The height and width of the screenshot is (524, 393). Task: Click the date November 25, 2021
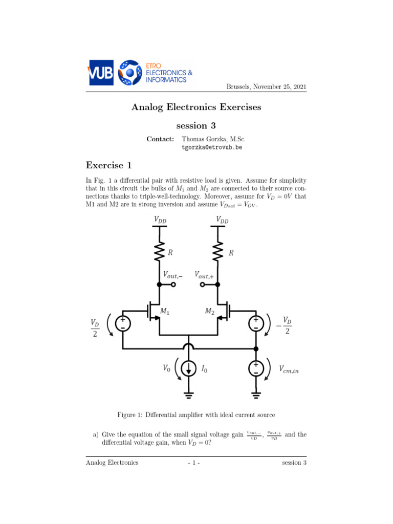(266, 87)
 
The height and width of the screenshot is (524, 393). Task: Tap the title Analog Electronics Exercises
(196, 107)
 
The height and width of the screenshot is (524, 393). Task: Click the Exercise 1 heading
(109, 165)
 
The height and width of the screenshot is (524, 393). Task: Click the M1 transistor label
(165, 311)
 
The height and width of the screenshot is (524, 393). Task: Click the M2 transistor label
(210, 311)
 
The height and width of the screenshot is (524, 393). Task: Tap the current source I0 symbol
(189, 368)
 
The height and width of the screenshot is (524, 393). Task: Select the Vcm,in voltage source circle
(256, 368)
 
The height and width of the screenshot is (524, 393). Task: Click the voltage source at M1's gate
(122, 323)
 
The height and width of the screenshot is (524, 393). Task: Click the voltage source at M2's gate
(256, 323)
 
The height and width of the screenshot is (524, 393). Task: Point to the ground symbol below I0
(189, 394)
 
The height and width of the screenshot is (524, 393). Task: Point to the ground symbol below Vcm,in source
(256, 394)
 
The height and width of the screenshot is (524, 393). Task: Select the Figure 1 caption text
(196, 414)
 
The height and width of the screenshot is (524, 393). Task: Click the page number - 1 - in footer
(196, 463)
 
